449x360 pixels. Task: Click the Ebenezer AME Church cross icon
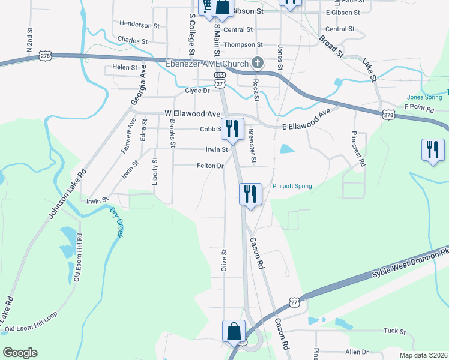pyautogui.click(x=257, y=62)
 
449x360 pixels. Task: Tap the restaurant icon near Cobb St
pyautogui.click(x=232, y=128)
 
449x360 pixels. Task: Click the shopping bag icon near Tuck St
pyautogui.click(x=234, y=331)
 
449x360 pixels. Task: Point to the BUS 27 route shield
pyautogui.click(x=220, y=79)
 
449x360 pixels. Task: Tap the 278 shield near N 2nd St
pyautogui.click(x=46, y=56)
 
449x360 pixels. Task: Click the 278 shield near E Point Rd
pyautogui.click(x=388, y=115)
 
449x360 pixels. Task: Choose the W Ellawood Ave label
pyautogui.click(x=193, y=113)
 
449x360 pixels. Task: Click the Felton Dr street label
pyautogui.click(x=210, y=166)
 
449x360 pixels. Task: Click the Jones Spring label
pyautogui.click(x=423, y=97)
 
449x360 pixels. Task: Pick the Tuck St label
pyautogui.click(x=394, y=331)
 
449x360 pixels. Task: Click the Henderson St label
pyautogui.click(x=139, y=25)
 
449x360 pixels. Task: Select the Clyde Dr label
pyautogui.click(x=197, y=91)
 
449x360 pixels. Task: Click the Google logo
pyautogui.click(x=20, y=353)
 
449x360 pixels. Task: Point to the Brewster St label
pyautogui.click(x=252, y=148)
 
